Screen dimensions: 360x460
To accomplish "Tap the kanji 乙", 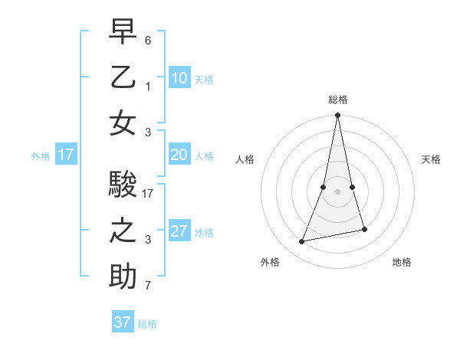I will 123,77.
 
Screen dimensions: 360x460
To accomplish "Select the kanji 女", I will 123,123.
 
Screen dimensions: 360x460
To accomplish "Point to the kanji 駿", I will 123,185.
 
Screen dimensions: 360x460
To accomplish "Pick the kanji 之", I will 123,231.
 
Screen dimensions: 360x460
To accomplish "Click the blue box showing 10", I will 179,77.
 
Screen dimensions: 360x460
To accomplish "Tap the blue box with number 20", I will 179,155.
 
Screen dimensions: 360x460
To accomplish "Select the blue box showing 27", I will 179,231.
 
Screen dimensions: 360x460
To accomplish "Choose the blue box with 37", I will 122,322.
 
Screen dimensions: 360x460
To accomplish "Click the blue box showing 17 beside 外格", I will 65,155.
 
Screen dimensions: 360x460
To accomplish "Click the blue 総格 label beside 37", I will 147,324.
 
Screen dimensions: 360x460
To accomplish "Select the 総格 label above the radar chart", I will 337,100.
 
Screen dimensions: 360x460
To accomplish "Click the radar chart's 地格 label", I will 402,262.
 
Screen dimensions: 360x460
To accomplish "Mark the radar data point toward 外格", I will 302,242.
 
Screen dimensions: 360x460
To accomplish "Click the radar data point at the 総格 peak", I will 337,116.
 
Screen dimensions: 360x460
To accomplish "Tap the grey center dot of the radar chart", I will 337,191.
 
